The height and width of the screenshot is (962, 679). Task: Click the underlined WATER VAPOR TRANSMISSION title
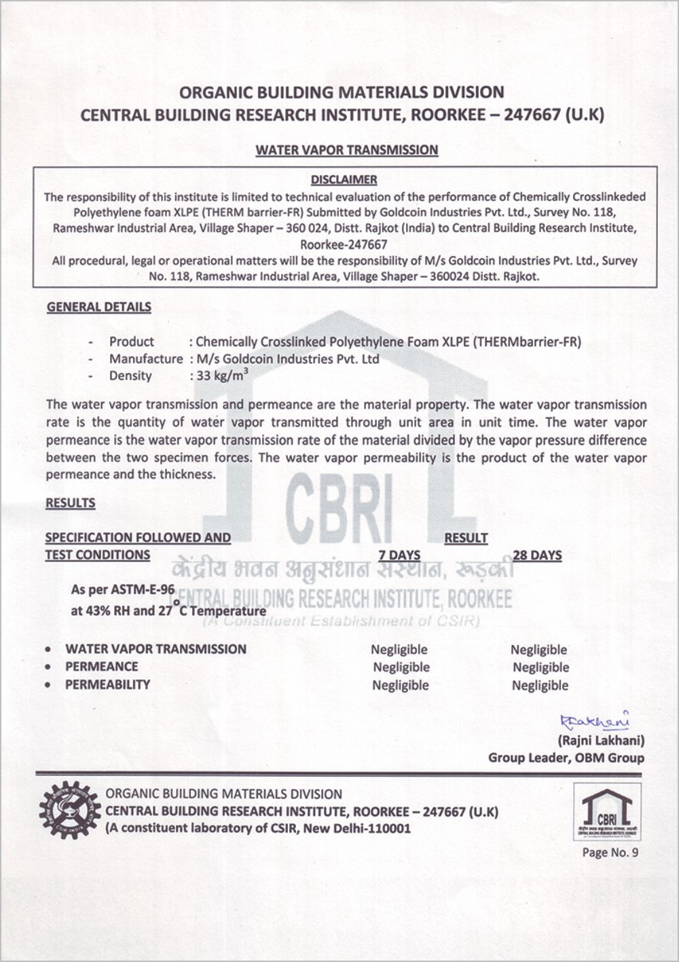click(x=346, y=150)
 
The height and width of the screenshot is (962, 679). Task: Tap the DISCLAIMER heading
click(x=344, y=180)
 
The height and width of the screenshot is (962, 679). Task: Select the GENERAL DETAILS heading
click(x=99, y=307)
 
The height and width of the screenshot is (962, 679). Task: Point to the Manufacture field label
click(x=146, y=359)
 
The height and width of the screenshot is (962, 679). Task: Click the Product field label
click(x=132, y=342)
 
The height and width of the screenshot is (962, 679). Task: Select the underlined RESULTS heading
click(x=71, y=503)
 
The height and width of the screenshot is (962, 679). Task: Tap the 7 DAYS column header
click(x=399, y=555)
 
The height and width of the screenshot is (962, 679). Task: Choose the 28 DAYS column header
click(x=537, y=555)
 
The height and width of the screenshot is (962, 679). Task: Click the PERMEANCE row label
click(x=101, y=667)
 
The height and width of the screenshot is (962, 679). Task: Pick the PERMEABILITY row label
click(x=107, y=684)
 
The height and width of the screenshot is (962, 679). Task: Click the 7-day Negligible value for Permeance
click(x=401, y=667)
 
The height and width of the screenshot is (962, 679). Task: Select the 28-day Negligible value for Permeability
click(x=540, y=685)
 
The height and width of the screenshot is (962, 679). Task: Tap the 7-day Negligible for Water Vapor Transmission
click(x=399, y=650)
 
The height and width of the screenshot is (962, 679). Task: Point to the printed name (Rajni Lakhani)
click(x=601, y=740)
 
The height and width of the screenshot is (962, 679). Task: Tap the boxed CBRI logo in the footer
click(x=607, y=812)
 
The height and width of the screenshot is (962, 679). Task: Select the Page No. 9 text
click(x=610, y=853)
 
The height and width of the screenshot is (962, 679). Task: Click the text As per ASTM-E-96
click(x=123, y=589)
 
